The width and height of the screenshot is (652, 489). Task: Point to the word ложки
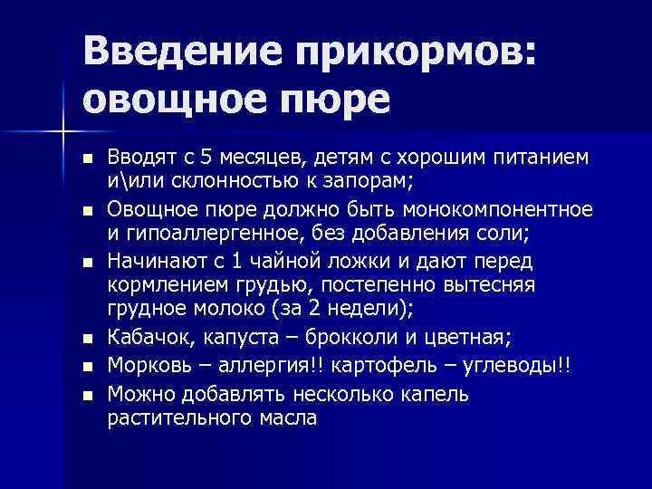click(x=340, y=262)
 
